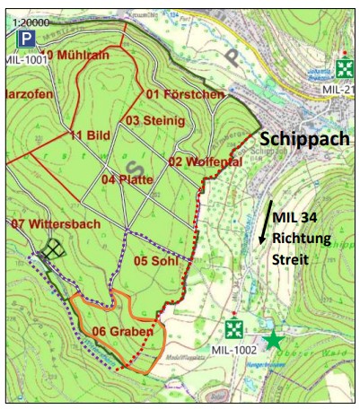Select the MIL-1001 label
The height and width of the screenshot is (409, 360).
24,60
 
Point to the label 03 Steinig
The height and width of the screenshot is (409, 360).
154,120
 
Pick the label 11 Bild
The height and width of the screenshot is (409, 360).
89,135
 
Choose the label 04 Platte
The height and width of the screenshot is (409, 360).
127,179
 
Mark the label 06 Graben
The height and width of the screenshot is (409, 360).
117,330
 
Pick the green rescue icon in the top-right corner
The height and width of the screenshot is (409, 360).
345,68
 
